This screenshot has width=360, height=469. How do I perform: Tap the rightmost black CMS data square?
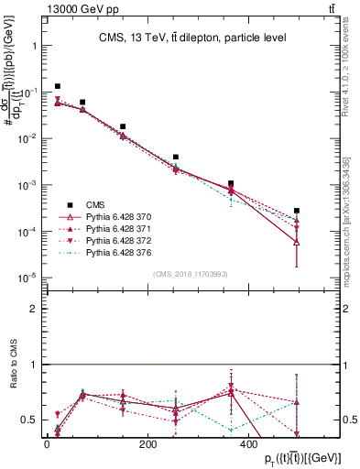297,211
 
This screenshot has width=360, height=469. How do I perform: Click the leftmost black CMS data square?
58,86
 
